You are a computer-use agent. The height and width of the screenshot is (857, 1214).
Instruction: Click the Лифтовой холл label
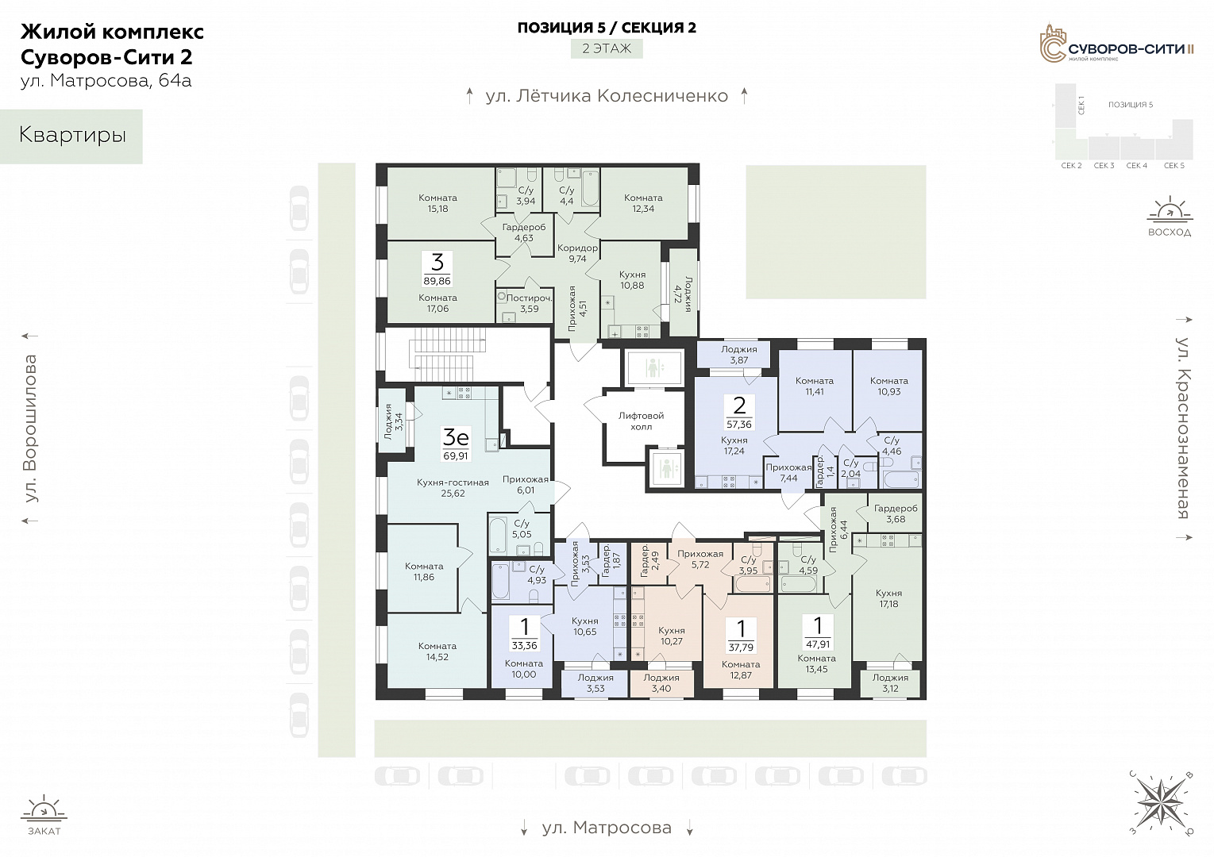pyautogui.click(x=642, y=421)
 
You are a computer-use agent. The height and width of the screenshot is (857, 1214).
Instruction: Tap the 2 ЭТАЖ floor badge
pyautogui.click(x=607, y=48)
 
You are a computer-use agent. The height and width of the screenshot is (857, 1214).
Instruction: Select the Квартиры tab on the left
pyautogui.click(x=71, y=136)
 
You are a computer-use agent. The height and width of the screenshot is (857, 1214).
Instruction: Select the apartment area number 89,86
pyautogui.click(x=437, y=281)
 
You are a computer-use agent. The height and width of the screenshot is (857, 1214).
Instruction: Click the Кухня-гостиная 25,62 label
pyautogui.click(x=453, y=487)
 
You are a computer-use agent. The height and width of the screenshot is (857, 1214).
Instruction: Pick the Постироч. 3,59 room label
pyautogui.click(x=529, y=303)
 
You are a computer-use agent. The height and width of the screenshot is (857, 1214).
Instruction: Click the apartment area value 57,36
pyautogui.click(x=738, y=425)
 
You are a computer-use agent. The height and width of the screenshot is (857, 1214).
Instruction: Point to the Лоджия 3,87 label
pyautogui.click(x=738, y=355)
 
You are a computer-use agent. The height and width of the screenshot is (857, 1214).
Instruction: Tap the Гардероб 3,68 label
pyautogui.click(x=896, y=513)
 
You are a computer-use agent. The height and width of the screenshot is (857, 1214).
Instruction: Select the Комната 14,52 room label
pyautogui.click(x=437, y=651)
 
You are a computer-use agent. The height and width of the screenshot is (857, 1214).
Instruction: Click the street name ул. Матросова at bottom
pyautogui.click(x=607, y=827)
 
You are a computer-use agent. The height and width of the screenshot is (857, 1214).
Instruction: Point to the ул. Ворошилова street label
pyautogui.click(x=31, y=428)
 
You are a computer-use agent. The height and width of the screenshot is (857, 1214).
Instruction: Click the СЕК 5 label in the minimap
pyautogui.click(x=1174, y=166)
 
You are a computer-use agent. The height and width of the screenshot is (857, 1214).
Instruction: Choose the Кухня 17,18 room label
pyautogui.click(x=888, y=598)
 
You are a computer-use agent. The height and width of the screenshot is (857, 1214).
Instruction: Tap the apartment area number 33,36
pyautogui.click(x=523, y=645)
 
